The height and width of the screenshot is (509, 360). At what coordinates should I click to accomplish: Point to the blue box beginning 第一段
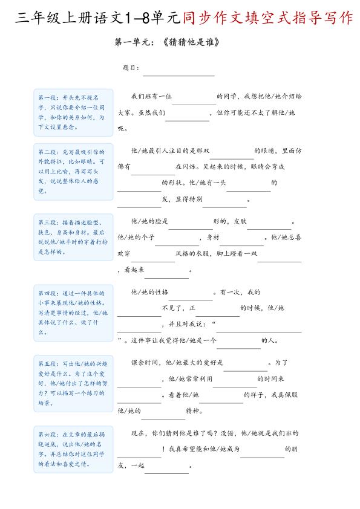(x=73, y=112)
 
